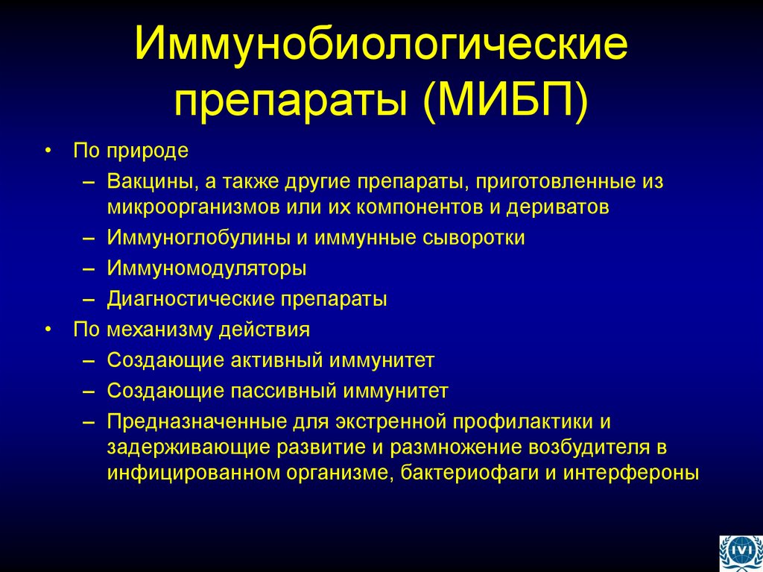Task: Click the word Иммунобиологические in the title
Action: point(381,45)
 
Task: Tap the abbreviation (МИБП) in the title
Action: point(505,101)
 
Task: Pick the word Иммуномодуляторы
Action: point(206,268)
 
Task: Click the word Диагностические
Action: point(191,299)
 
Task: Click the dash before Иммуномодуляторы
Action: point(89,268)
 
